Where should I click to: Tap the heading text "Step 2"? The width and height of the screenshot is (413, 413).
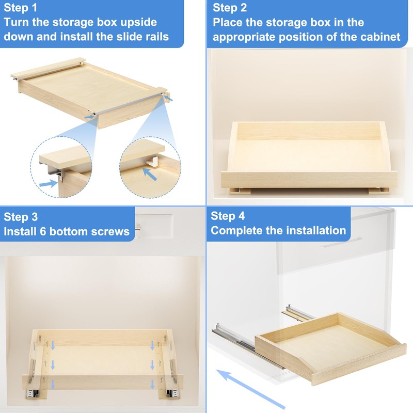pos(230,8)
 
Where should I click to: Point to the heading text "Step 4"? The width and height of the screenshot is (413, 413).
pos(228,216)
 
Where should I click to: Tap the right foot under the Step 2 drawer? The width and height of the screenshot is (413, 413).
pos(375,190)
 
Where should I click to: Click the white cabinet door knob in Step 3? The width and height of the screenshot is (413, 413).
pos(138,226)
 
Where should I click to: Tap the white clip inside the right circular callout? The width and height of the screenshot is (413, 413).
pos(153,161)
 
